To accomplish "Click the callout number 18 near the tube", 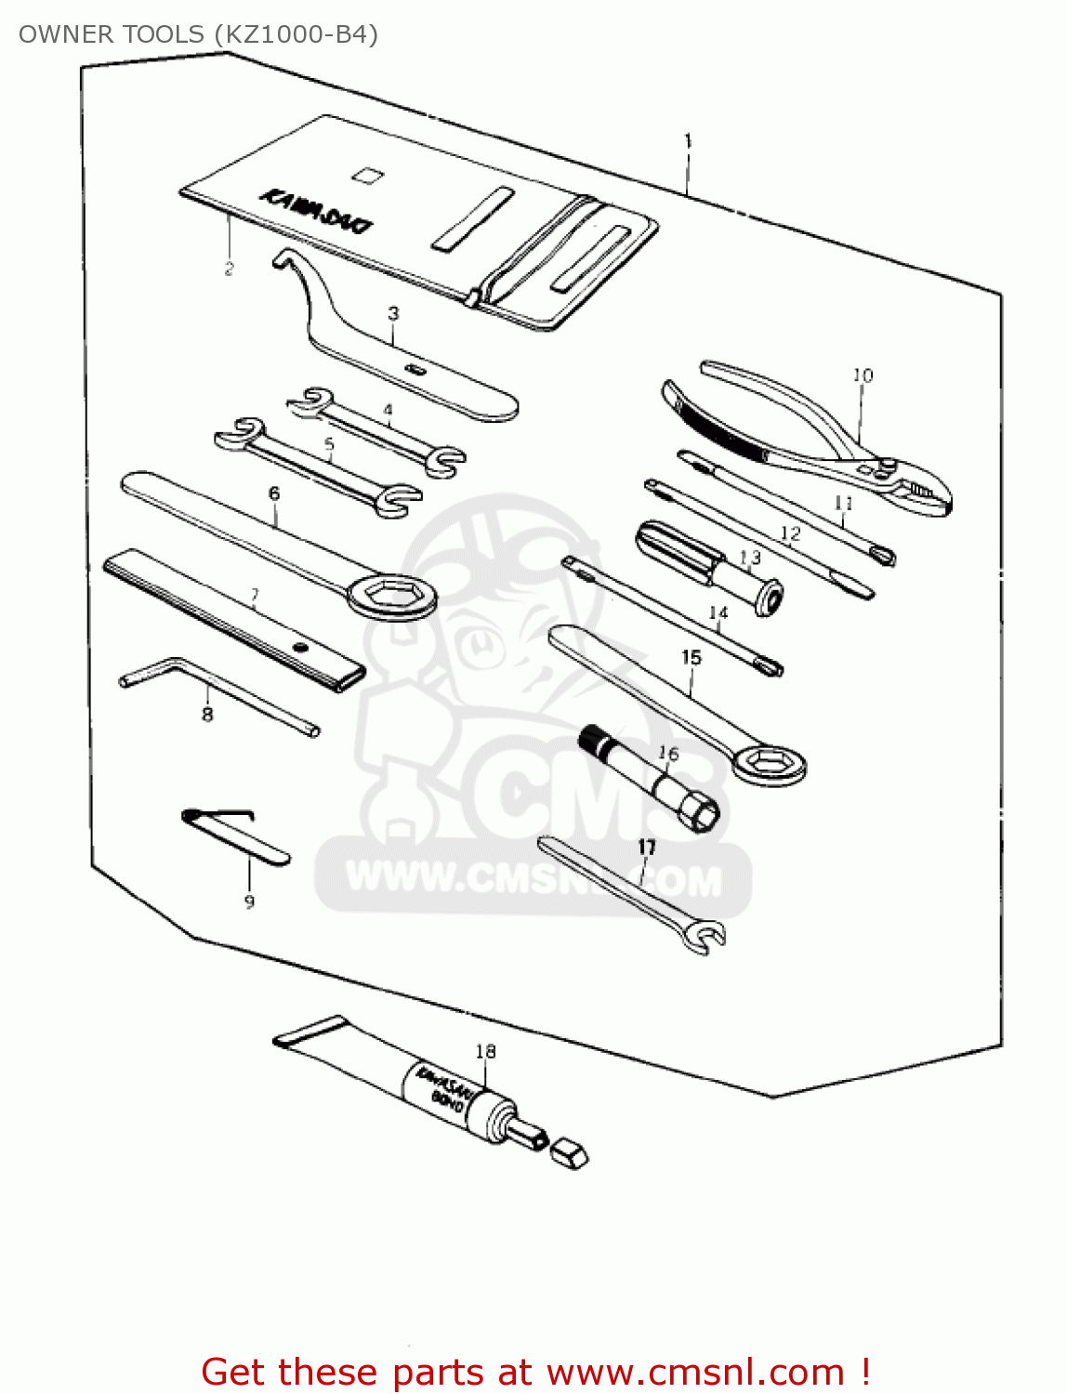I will (x=485, y=1051).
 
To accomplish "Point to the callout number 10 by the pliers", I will (x=863, y=375).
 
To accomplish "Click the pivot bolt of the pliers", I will (x=889, y=466).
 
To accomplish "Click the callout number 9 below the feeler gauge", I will (x=249, y=901).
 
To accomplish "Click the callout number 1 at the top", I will (x=688, y=141).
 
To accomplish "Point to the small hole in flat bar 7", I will (x=299, y=647).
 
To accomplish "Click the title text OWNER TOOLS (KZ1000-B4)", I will (x=198, y=34).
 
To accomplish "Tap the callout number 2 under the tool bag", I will (x=229, y=270).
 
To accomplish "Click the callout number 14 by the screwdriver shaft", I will (x=718, y=612).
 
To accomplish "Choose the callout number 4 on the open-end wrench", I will (x=388, y=410).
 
